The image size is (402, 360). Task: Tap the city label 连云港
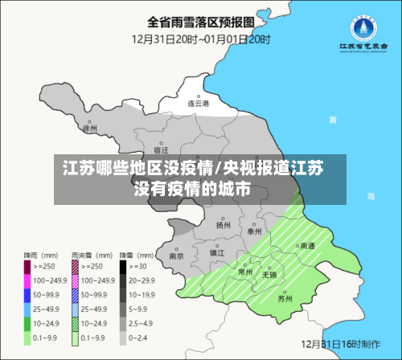click(198, 104)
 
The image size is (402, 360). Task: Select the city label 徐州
click(89, 128)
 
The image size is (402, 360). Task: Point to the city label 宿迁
click(161, 149)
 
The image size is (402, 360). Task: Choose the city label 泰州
click(255, 231)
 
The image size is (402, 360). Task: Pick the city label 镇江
click(217, 252)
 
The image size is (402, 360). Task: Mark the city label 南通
click(307, 247)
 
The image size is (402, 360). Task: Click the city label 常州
click(246, 272)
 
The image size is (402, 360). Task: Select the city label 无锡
click(269, 275)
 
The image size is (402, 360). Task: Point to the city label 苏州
click(285, 298)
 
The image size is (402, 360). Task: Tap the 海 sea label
click(371, 195)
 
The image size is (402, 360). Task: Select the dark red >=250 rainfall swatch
click(28, 265)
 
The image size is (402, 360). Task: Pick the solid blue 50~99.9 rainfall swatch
click(28, 293)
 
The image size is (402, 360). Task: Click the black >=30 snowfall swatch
click(124, 265)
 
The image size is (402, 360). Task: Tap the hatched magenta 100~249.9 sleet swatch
click(76, 280)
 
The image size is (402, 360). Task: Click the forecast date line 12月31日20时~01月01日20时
click(201, 38)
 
